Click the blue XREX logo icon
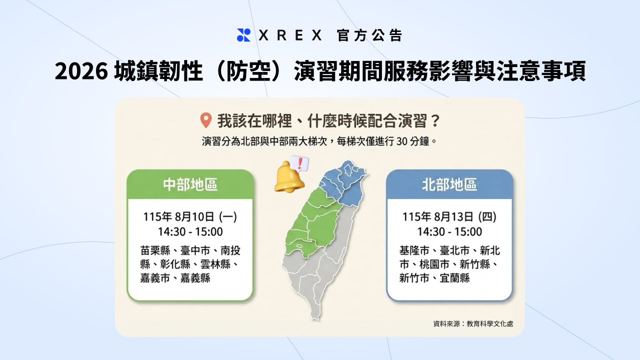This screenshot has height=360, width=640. click(243, 35)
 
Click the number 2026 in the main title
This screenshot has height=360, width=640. click(81, 71)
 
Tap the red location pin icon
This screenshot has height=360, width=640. click(205, 120)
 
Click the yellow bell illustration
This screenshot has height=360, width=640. click(289, 177)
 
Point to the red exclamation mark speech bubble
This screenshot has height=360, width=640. click(300, 163)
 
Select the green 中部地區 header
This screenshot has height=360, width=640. click(190, 184)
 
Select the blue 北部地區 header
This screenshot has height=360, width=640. click(449, 184)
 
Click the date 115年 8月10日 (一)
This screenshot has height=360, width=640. click(190, 217)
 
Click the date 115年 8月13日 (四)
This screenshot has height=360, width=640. click(449, 217)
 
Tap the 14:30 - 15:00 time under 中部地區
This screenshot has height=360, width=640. click(190, 231)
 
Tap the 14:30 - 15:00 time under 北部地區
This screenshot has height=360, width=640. click(449, 231)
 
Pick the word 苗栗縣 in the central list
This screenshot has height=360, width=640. click(155, 251)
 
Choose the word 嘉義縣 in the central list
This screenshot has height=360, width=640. click(195, 278)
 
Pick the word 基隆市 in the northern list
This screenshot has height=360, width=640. click(414, 251)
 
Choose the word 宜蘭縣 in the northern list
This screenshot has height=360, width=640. click(455, 278)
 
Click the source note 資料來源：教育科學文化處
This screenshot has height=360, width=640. click(473, 323)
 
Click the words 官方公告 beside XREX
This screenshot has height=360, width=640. click(369, 35)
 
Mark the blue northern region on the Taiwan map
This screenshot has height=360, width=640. click(343, 183)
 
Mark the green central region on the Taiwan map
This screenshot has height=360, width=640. click(311, 225)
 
